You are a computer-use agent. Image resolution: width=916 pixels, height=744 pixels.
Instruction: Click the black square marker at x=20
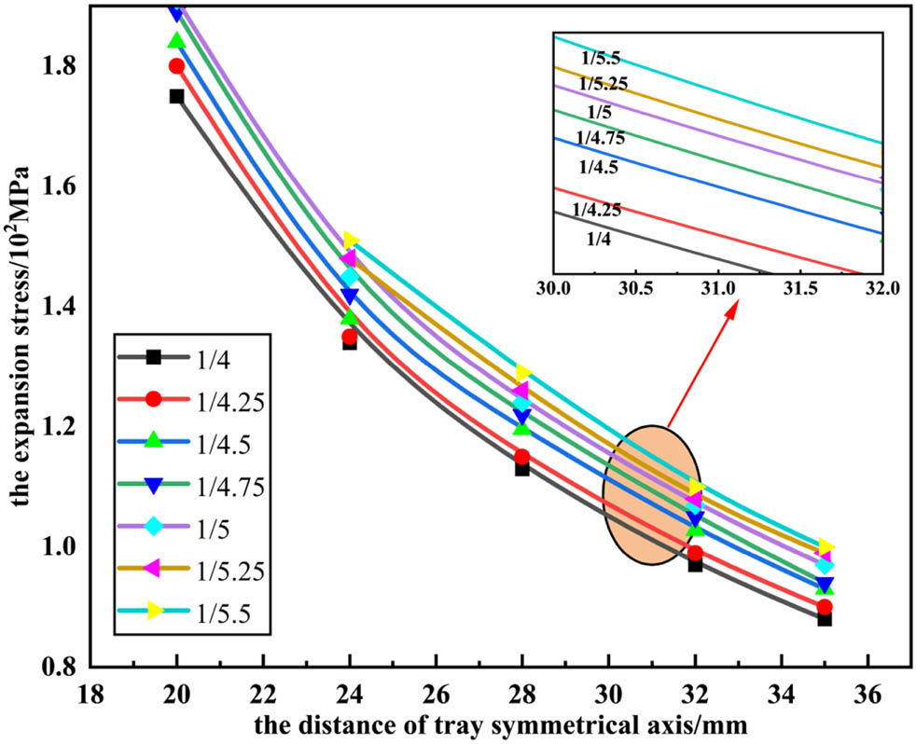[x=176, y=96]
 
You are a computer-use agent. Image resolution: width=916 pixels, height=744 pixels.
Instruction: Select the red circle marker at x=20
[x=176, y=66]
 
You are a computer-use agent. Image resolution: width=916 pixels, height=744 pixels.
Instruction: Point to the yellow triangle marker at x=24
[x=351, y=241]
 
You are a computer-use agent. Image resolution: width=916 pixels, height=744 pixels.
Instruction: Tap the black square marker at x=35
[x=825, y=618]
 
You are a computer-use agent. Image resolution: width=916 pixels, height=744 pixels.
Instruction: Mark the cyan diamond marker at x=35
[x=825, y=565]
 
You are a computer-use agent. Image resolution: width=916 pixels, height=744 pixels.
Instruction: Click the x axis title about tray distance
[x=480, y=723]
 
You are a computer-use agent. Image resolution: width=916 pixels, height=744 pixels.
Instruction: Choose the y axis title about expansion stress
[x=21, y=338]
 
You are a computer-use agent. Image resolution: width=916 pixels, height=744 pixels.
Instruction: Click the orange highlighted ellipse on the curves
[x=649, y=495]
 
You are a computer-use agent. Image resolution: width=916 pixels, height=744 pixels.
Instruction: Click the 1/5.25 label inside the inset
[x=604, y=84]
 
